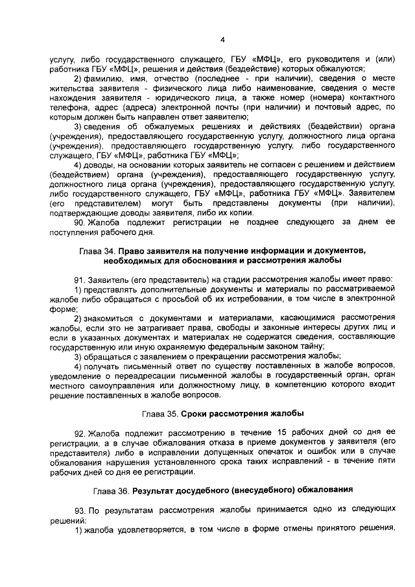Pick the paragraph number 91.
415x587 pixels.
point(79,279)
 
